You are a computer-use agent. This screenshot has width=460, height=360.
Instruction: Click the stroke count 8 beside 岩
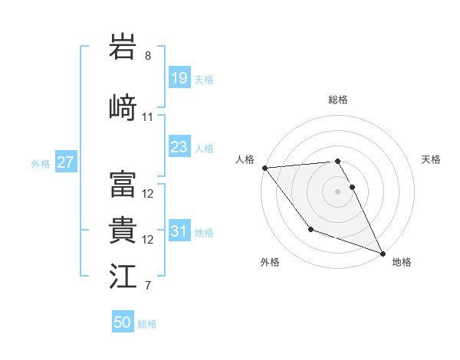point(148,56)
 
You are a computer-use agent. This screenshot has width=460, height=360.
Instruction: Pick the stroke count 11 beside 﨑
point(148,117)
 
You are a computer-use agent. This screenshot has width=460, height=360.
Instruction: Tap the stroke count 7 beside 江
point(148,286)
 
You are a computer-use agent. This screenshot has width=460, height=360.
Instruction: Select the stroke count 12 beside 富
point(148,194)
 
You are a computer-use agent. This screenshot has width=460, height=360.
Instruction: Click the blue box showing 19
point(179,78)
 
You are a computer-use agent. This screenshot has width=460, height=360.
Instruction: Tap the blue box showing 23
point(179,147)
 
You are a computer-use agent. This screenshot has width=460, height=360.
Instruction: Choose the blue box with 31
point(179,231)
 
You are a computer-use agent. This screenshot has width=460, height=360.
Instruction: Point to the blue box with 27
point(65,162)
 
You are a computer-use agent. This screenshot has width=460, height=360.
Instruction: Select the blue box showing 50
point(123,322)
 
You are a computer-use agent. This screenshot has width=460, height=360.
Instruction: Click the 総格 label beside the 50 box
point(147,324)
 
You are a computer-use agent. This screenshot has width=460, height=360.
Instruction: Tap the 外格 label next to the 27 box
point(41,163)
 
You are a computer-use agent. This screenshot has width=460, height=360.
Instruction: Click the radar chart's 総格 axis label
point(337,100)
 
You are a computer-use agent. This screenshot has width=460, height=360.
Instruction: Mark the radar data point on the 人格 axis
point(264,168)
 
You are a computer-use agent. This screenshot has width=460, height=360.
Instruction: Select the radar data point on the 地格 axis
point(383,254)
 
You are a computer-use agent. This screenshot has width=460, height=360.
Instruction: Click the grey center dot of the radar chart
point(337,191)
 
